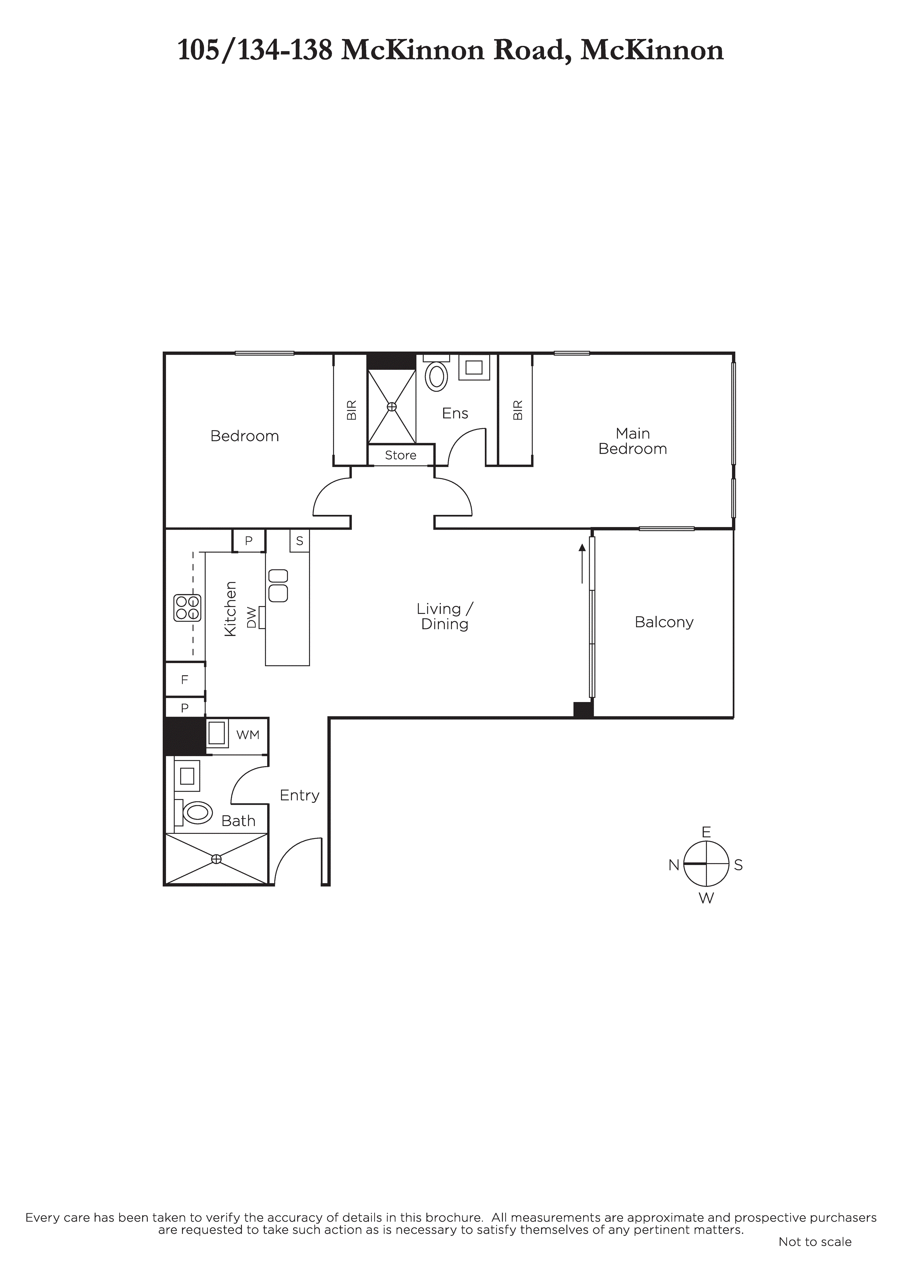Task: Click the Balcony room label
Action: tap(664, 622)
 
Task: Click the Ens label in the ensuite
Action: tap(455, 413)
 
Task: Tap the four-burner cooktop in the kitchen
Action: tap(187, 607)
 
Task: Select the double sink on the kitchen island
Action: tap(278, 585)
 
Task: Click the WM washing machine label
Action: tap(248, 735)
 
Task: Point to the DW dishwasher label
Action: tap(252, 617)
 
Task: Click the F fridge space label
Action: tap(185, 680)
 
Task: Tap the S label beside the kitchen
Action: tap(299, 541)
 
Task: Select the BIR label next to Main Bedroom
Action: tap(518, 410)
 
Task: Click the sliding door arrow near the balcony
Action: tap(582, 563)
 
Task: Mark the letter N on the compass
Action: tap(674, 865)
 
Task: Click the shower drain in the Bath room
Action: tap(216, 859)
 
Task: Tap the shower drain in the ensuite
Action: tap(392, 407)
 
